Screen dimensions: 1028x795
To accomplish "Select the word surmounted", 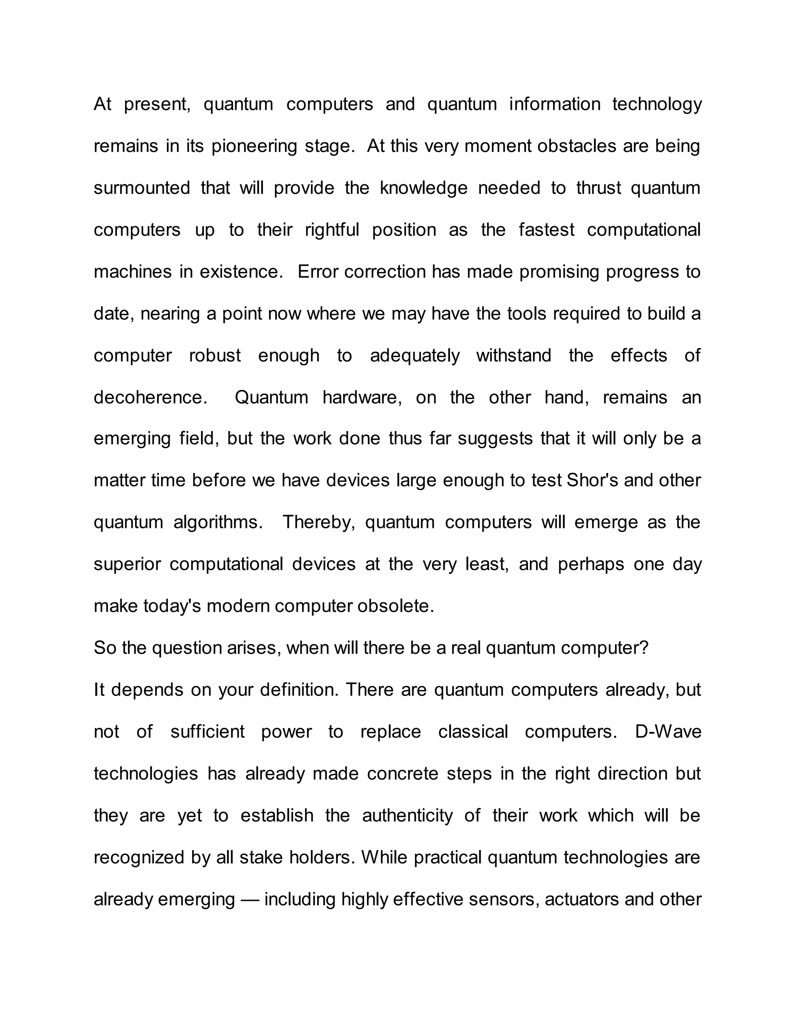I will (x=142, y=188).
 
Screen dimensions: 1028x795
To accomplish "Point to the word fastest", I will (x=546, y=230).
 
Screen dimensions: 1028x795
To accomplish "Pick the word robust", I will (x=215, y=355).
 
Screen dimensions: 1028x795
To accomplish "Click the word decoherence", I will (x=150, y=397).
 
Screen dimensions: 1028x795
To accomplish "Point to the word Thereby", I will (x=318, y=523).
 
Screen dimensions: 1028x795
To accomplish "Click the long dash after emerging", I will (x=250, y=900).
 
